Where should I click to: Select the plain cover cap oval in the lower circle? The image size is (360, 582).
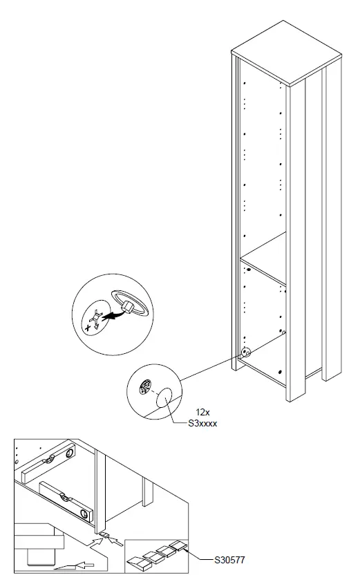[x=166, y=400]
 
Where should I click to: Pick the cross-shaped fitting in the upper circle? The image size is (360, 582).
[x=97, y=319]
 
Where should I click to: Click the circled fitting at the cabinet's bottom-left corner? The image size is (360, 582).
[x=245, y=352]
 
